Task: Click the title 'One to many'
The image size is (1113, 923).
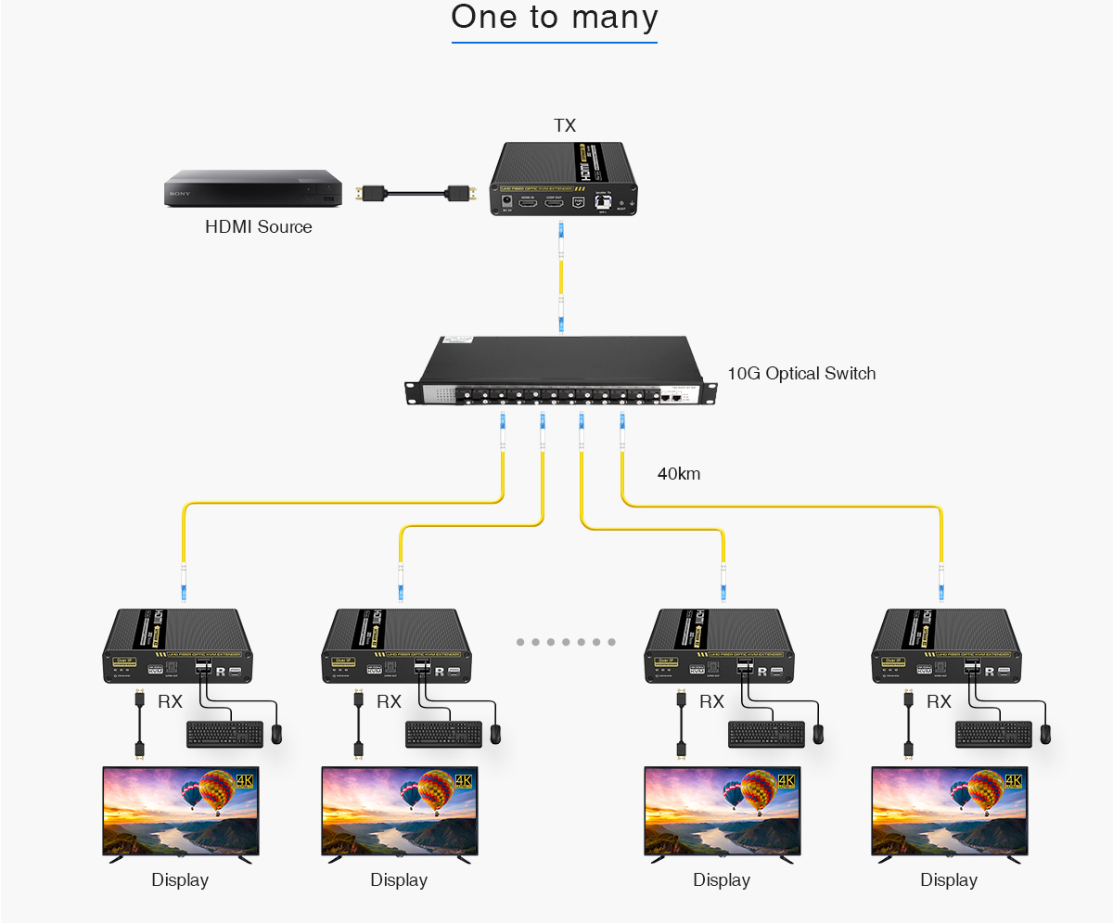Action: (555, 18)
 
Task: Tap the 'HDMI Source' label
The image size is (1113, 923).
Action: (259, 227)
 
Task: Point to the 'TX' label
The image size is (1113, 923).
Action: (565, 125)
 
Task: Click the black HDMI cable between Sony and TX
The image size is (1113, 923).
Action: (416, 194)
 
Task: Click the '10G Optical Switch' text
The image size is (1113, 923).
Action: (801, 374)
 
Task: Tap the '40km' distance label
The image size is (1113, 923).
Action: (679, 474)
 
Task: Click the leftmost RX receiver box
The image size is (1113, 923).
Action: (177, 647)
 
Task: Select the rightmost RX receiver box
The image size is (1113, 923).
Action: (945, 647)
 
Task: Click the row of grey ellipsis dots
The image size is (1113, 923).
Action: (566, 642)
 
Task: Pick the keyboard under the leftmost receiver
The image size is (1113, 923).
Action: (224, 734)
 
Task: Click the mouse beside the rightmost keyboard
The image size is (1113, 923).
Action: (1045, 734)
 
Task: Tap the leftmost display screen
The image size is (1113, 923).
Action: (181, 811)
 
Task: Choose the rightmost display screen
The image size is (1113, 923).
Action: (949, 811)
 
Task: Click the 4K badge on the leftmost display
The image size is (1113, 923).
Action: (245, 781)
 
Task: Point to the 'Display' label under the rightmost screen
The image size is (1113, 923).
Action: (949, 879)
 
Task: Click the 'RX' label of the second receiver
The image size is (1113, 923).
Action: (389, 702)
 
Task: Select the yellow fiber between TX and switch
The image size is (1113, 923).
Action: (561, 278)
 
